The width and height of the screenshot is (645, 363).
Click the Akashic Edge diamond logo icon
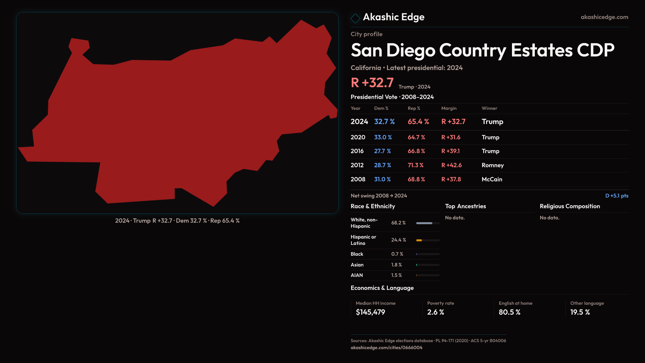point(355,18)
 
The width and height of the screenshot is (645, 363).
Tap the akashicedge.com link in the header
point(604,17)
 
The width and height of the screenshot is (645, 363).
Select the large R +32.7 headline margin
point(372,83)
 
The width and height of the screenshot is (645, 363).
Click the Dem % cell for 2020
point(383,137)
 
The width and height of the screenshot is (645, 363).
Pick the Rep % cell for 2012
point(416,165)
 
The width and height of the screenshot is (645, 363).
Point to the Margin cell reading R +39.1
point(450,151)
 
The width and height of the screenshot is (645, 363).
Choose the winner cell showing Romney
point(492,165)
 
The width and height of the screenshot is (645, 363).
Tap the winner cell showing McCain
point(492,179)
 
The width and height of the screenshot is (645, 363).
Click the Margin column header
point(449,109)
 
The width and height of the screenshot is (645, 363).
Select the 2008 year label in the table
point(358,179)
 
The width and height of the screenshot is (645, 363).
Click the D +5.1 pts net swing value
point(616,196)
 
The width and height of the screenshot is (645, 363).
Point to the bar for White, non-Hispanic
point(424,223)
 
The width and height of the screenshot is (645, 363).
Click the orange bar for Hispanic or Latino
point(419,240)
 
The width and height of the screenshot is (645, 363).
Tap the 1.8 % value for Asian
point(396,265)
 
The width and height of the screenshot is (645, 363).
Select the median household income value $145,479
point(370,312)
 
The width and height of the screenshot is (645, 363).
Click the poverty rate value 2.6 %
point(435,312)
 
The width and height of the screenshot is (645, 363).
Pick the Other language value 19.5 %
point(580,312)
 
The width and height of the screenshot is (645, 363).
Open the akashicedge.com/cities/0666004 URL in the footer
point(386,348)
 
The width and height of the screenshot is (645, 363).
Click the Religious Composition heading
point(570,206)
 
